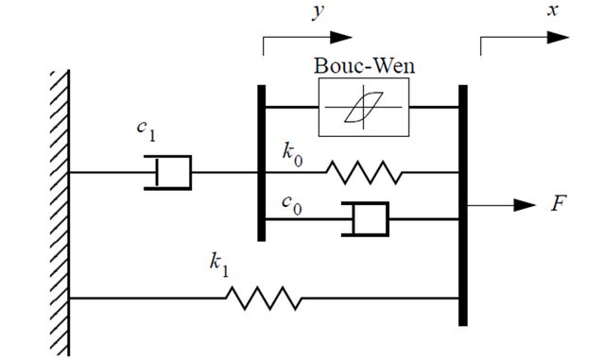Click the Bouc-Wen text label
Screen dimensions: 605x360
coord(364,65)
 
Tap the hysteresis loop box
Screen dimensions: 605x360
coord(363,78)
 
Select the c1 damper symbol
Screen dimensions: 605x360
coord(168,173)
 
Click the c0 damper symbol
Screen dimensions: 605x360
coord(366,219)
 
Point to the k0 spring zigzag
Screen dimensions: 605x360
coord(365,173)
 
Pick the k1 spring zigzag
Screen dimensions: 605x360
coord(264,298)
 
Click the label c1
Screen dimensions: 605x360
coord(147,131)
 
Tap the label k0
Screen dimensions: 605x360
coord(292,155)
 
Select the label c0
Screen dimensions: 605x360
coord(292,205)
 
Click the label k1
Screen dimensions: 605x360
coord(219,265)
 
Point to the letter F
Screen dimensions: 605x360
coord(559,203)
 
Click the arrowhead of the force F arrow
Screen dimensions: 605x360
coord(525,205)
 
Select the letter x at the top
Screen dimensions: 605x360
coord(553,10)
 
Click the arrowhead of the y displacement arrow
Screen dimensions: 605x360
coord(341,38)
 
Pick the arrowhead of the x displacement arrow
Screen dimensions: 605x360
coord(559,38)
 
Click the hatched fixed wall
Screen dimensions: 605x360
coord(60,213)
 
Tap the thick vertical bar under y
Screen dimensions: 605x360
coord(262,163)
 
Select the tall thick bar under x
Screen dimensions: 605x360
coord(463,205)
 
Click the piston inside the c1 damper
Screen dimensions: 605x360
coord(157,173)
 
